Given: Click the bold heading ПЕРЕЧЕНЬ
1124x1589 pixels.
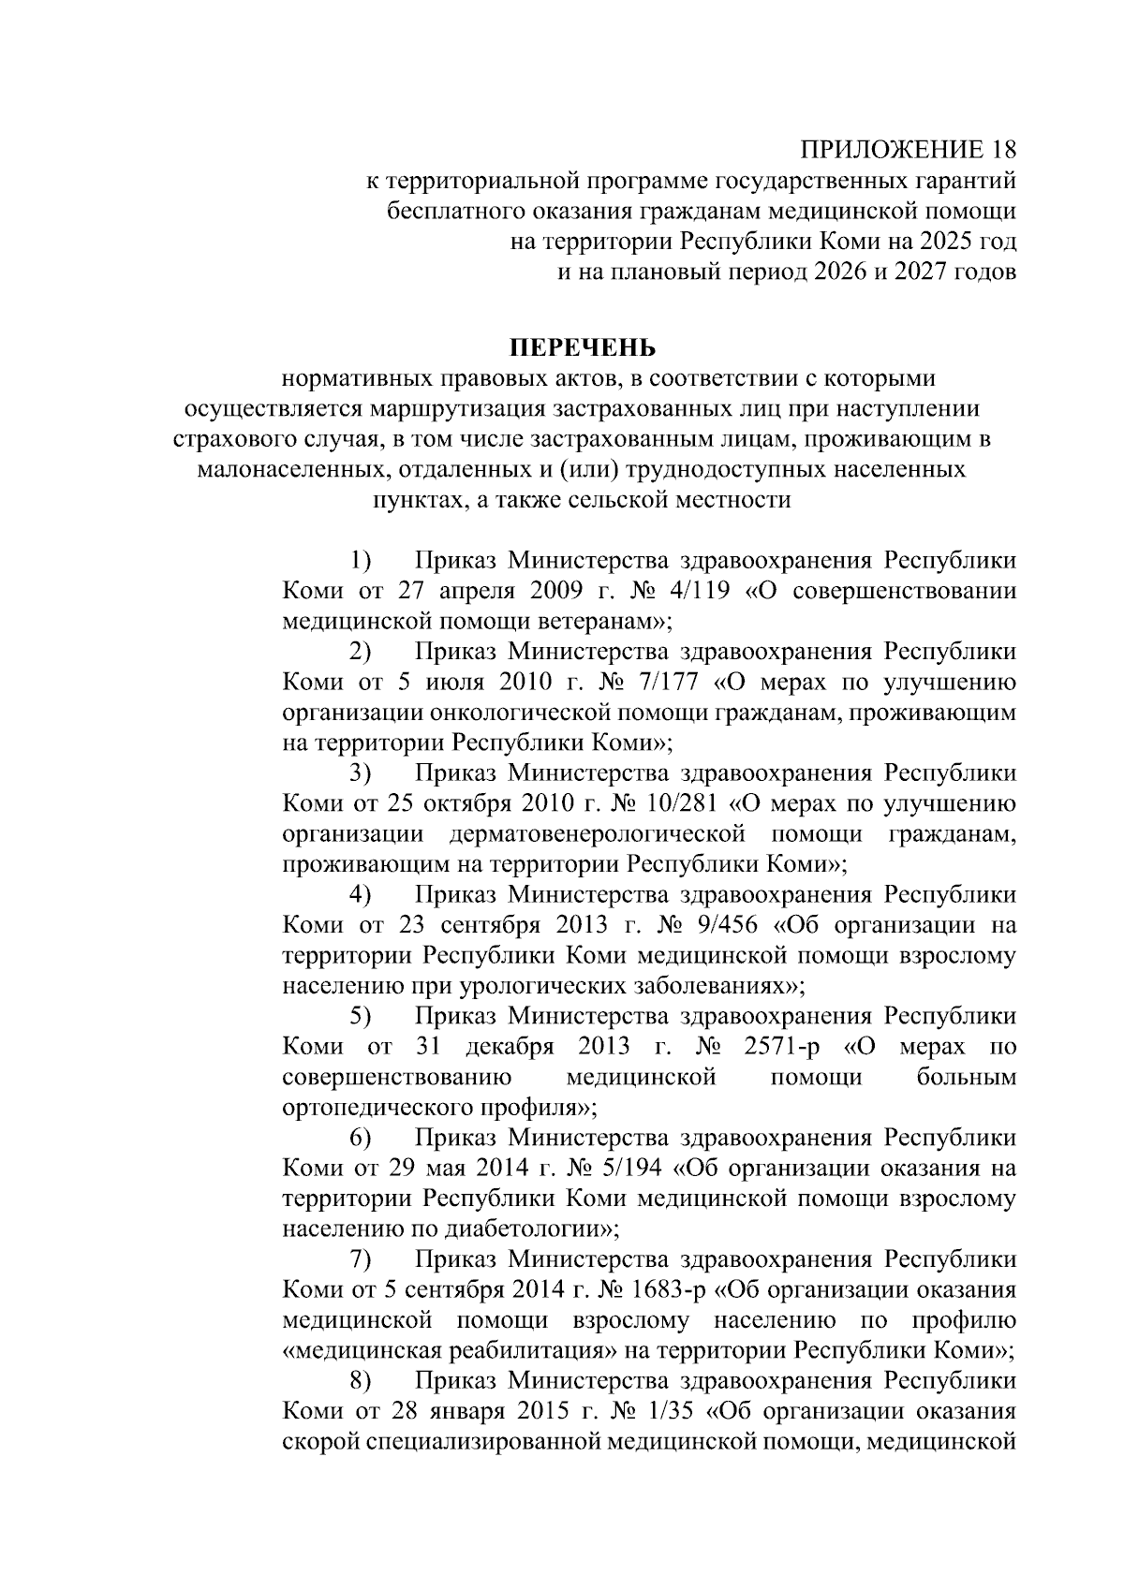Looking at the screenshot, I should pos(583,349).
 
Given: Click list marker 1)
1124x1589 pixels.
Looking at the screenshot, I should pos(361,562).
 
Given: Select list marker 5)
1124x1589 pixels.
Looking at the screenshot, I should pos(361,1017).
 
